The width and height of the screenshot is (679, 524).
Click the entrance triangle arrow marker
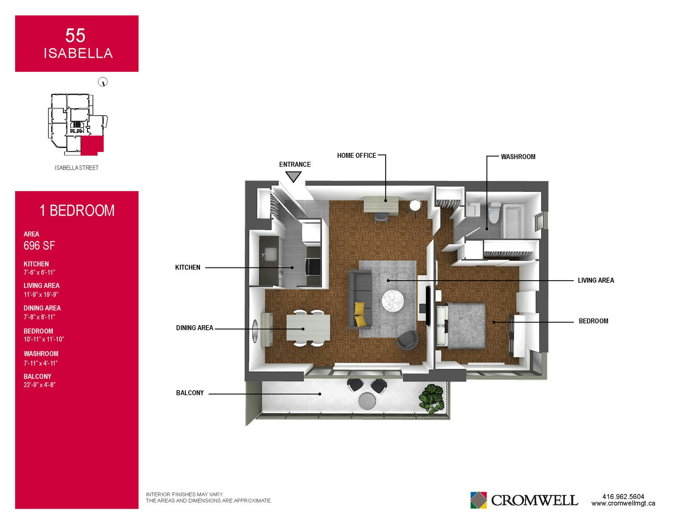(x=293, y=177)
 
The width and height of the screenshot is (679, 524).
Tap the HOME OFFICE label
(x=357, y=156)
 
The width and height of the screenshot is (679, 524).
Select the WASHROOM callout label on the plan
(x=518, y=156)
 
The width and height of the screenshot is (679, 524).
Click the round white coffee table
(x=393, y=301)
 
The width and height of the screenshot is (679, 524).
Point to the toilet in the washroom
(x=494, y=212)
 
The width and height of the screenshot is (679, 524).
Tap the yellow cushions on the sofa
(x=360, y=314)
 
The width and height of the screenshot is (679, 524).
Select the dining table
(x=308, y=327)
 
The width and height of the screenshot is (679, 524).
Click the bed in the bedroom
(x=462, y=325)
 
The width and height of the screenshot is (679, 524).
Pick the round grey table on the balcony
(x=367, y=401)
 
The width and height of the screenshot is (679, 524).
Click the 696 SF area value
(x=39, y=246)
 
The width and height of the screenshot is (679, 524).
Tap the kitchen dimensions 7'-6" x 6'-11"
(x=39, y=272)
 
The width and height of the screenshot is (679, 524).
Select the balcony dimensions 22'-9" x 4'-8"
(x=40, y=385)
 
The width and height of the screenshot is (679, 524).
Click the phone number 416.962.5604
(x=623, y=496)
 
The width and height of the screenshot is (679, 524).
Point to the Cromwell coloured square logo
(x=478, y=500)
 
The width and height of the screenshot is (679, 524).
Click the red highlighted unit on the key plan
(x=92, y=146)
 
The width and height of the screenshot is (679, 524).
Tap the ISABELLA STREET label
(x=77, y=168)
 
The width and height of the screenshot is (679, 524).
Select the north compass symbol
(x=103, y=82)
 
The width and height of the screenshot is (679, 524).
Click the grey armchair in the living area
(x=408, y=340)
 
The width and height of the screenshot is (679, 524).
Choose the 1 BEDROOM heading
(x=77, y=210)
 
